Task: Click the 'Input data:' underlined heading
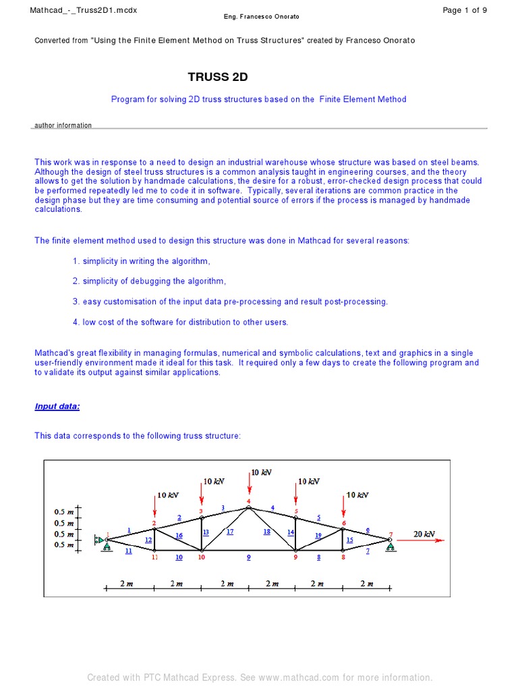point(57,406)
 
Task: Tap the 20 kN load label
point(424,534)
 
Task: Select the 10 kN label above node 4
point(261,472)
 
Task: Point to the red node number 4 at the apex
point(248,501)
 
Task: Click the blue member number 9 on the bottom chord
point(248,557)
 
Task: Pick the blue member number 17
point(230,532)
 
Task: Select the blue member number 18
point(266,532)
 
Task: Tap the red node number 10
point(201,557)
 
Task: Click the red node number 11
point(154,557)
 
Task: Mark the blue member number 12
point(148,540)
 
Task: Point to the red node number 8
point(343,557)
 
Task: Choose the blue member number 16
point(179,536)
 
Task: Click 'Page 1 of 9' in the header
point(464,10)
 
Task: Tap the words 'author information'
point(63,126)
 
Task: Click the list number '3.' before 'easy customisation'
point(76,302)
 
